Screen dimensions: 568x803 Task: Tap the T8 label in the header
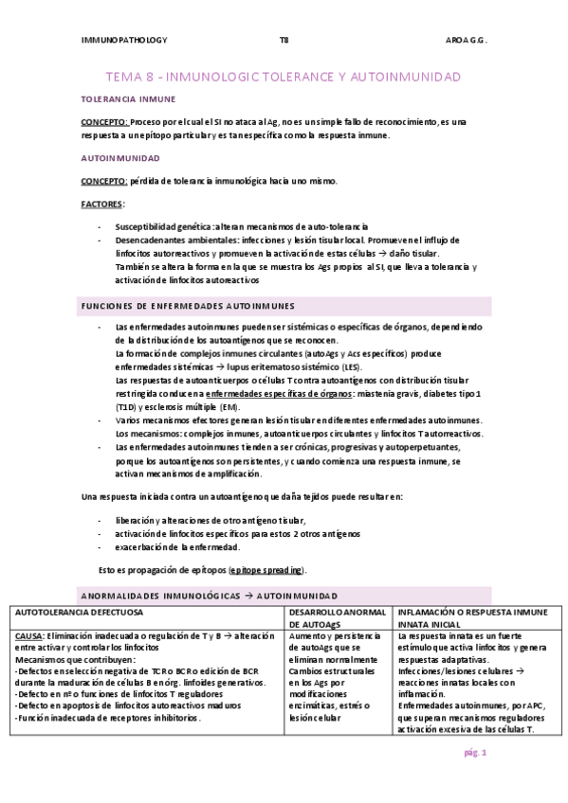pyautogui.click(x=284, y=40)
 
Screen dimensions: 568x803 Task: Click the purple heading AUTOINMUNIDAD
pyautogui.click(x=119, y=157)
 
